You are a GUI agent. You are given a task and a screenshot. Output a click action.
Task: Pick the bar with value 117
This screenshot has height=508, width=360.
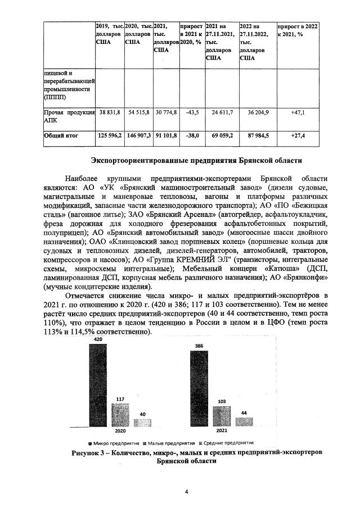point(120,416)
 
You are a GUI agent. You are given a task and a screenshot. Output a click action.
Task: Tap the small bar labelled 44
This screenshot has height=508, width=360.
point(244,423)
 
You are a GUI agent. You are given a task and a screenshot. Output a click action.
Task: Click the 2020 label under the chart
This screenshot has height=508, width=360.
point(120,431)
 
